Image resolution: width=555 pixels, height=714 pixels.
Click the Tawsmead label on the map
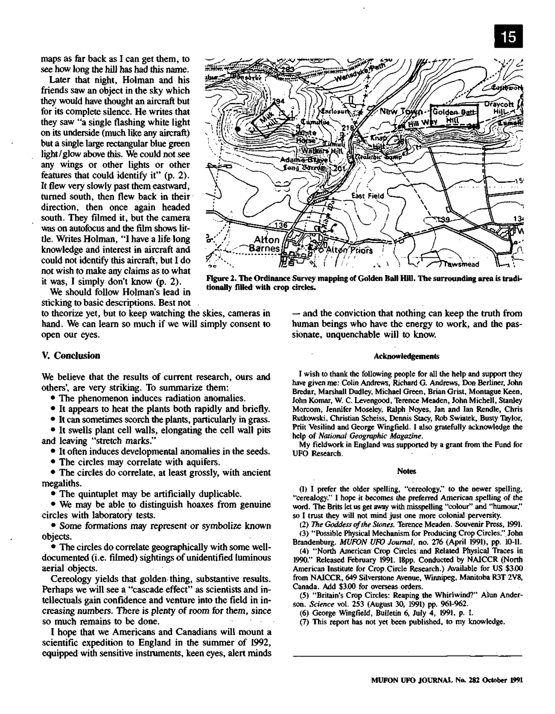pyautogui.click(x=463, y=264)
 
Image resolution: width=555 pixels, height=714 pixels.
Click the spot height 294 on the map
pyautogui.click(x=278, y=101)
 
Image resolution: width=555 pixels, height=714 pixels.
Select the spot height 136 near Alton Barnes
pyautogui.click(x=281, y=225)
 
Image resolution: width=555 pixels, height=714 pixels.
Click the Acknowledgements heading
pyautogui.click(x=406, y=356)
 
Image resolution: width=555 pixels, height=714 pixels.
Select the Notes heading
pyautogui.click(x=406, y=471)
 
